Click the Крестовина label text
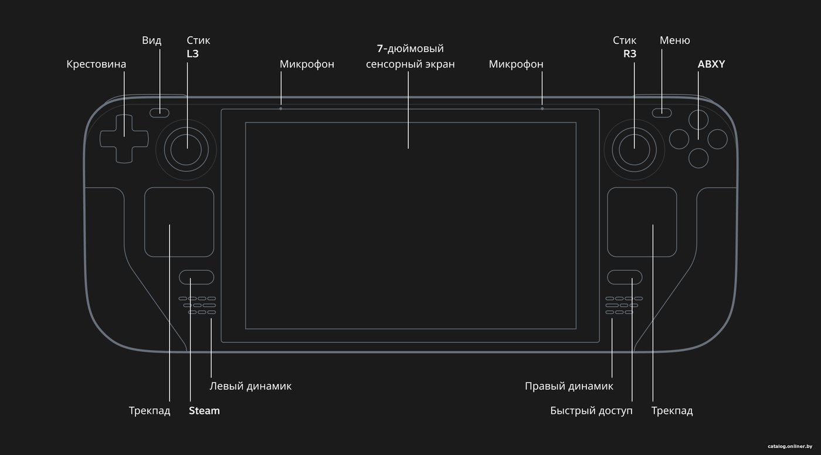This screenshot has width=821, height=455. point(96,64)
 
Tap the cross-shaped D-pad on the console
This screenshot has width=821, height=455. point(124,139)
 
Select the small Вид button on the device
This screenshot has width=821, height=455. point(160,113)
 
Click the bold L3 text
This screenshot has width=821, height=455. point(192,54)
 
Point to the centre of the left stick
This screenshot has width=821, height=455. point(186,150)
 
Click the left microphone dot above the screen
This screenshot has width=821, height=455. point(281,109)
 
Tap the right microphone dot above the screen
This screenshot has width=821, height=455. point(542,109)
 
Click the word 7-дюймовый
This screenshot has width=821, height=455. point(410,48)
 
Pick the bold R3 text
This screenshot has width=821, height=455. point(630,54)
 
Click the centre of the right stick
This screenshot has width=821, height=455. point(635,150)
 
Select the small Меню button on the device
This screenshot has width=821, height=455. point(662,113)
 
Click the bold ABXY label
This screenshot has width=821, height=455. point(711,64)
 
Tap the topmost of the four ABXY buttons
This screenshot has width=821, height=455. point(698,120)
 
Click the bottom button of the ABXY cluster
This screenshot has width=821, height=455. point(698,158)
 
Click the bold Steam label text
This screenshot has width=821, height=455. point(204,410)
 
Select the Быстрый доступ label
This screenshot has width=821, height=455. point(591,411)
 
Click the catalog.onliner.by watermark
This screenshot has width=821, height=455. point(790,446)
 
